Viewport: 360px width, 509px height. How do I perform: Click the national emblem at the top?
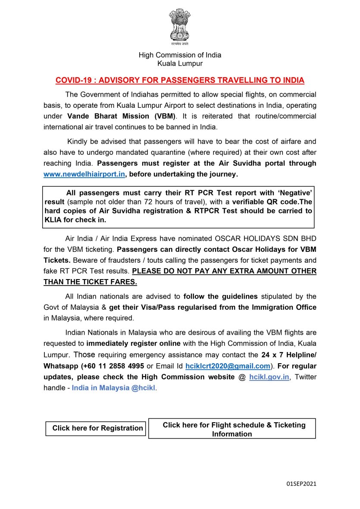180,28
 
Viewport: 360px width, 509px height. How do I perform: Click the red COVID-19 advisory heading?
180,80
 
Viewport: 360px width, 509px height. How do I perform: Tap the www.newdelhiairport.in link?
84,174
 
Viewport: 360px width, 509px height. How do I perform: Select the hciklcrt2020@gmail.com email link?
228,366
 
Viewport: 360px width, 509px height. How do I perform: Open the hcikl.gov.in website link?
269,377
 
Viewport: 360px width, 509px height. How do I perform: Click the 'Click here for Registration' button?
97,428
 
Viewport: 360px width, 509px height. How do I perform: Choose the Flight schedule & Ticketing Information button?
232,429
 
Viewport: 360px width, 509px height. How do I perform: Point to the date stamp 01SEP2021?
301,484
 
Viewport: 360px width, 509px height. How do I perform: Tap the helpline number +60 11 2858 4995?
114,366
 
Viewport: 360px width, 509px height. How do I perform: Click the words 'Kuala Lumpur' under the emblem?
180,63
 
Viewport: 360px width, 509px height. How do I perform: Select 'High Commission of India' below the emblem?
180,55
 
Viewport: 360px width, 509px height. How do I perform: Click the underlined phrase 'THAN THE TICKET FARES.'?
90,282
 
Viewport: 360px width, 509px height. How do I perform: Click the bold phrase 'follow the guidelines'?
220,296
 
